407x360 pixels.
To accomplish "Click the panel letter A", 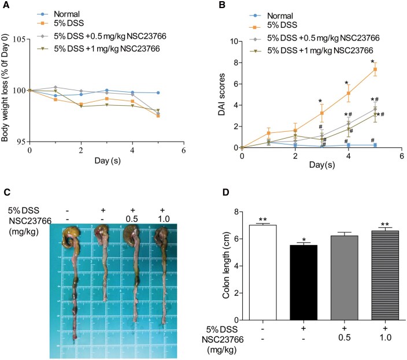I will click(5, 5).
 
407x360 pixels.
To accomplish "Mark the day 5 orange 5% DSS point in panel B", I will click(374, 69).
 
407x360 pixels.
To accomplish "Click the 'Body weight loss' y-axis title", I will click(5, 91).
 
